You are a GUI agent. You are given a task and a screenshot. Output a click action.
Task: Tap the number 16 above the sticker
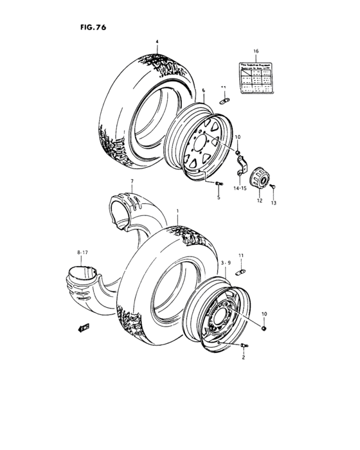(x=255, y=50)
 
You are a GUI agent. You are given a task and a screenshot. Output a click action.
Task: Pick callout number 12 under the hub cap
(x=260, y=200)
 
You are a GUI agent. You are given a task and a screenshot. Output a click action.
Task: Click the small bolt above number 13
(x=273, y=187)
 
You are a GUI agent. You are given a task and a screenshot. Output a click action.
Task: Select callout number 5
(x=219, y=198)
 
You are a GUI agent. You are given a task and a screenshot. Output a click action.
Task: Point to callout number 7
(x=132, y=182)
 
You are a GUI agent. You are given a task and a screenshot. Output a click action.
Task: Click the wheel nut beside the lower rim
(x=265, y=329)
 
